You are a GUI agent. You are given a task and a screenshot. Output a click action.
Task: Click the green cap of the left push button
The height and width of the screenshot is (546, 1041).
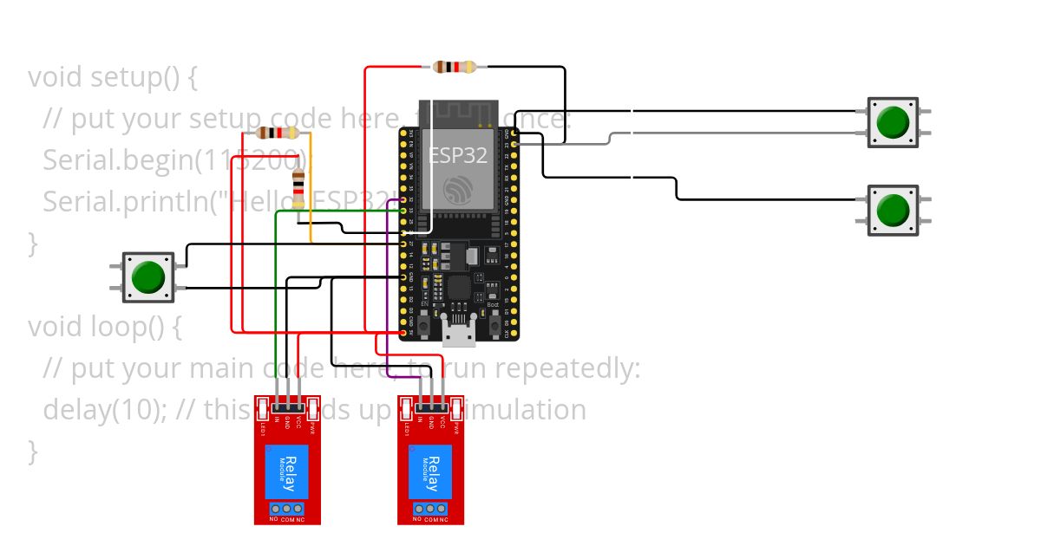coord(148,277)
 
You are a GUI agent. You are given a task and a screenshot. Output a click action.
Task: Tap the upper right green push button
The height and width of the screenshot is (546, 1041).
coord(893,122)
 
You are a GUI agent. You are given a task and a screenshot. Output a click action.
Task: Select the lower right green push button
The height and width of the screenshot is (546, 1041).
coord(893,210)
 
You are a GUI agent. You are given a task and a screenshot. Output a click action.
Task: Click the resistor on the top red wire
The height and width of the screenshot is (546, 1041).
coord(455,67)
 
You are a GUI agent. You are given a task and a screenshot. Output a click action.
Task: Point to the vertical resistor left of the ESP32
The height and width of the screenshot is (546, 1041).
coord(299,188)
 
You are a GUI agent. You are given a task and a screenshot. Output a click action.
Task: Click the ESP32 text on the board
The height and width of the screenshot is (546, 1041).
coord(458,155)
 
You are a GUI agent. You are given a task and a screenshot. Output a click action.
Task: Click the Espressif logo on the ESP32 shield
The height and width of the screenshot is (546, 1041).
coord(457,190)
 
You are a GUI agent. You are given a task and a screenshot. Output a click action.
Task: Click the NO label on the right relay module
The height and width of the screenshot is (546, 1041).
coord(417,519)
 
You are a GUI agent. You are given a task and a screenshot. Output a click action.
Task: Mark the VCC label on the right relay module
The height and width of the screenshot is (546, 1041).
coord(442,424)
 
